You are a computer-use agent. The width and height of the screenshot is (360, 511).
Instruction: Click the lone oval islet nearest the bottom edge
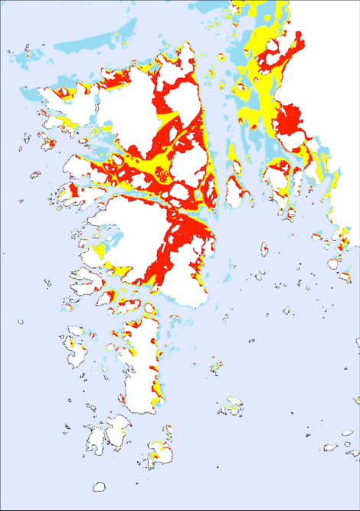(x=99, y=486)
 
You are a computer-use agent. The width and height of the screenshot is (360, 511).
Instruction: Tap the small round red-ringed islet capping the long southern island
(x=149, y=309)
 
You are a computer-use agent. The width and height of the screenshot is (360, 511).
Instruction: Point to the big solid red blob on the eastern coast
(x=290, y=123)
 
